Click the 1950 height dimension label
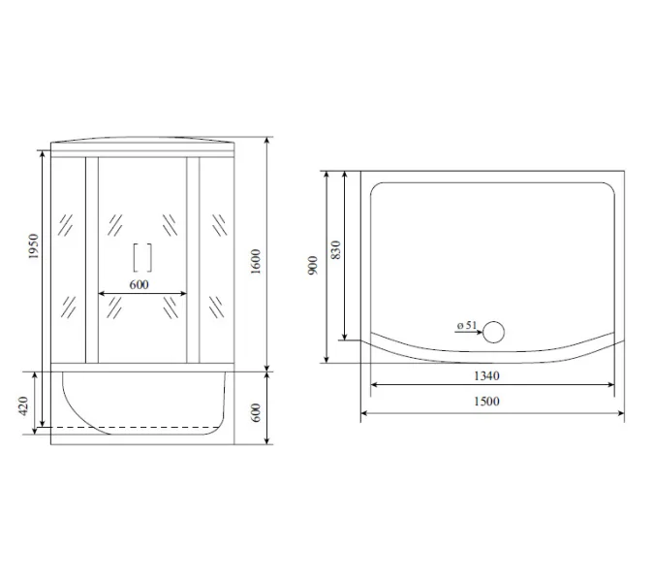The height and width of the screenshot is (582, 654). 33,246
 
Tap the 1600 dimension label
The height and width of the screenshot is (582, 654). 256,261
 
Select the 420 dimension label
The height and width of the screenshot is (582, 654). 23,405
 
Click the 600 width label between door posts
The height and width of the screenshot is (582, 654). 139,285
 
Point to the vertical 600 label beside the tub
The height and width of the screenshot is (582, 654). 256,412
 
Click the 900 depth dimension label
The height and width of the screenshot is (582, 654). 312,266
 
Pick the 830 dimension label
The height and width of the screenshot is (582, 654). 336,249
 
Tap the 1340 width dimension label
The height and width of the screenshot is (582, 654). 486,375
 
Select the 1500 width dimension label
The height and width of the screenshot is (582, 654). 486,402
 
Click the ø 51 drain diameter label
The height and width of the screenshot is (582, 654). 467,325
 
